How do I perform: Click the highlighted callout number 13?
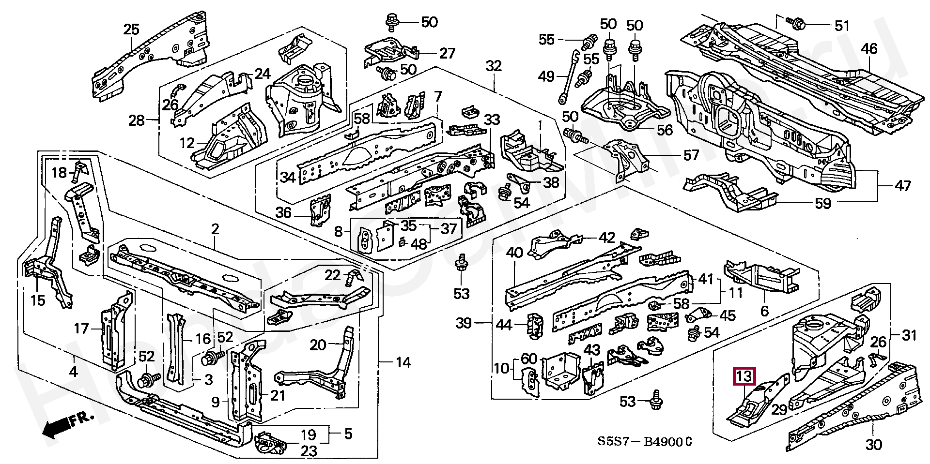click(745, 376)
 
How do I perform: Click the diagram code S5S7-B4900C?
click(644, 442)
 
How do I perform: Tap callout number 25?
click(131, 30)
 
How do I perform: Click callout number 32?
click(494, 65)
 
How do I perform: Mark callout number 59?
click(823, 203)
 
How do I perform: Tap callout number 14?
click(403, 362)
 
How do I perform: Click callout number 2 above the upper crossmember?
click(215, 229)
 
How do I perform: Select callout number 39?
click(464, 323)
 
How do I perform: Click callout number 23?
click(309, 450)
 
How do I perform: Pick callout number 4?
click(73, 372)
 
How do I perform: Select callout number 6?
click(764, 310)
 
